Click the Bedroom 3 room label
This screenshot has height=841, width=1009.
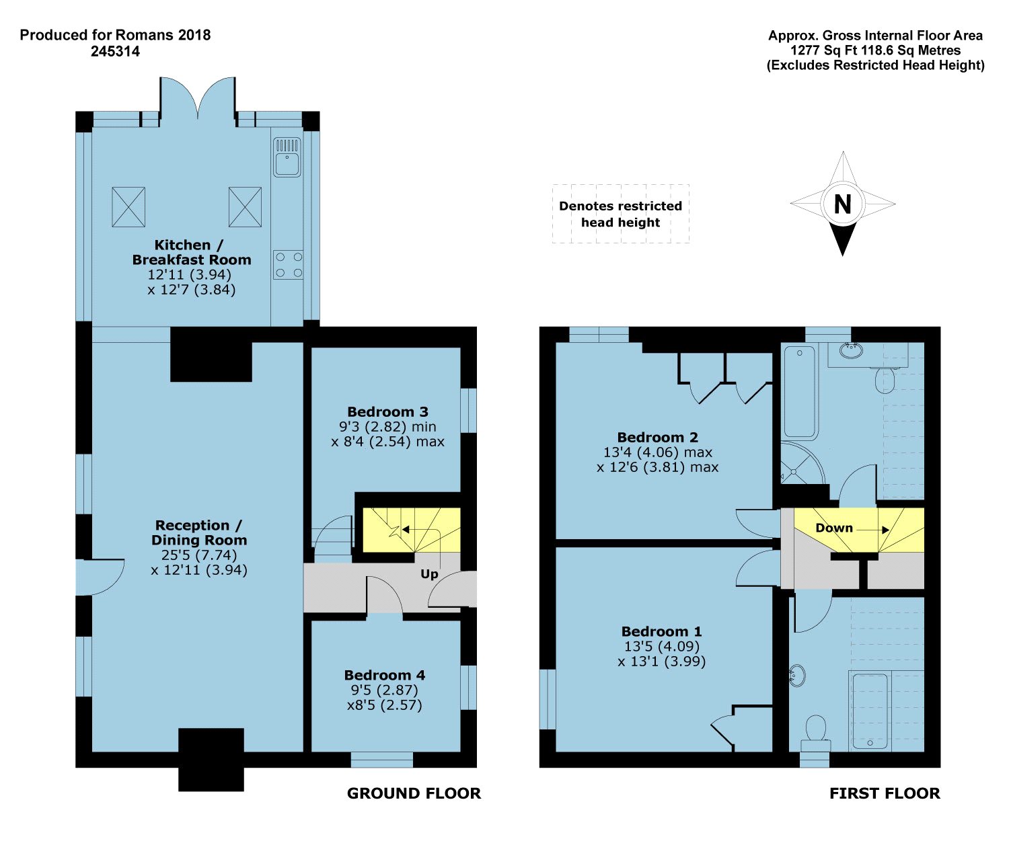pyautogui.click(x=387, y=411)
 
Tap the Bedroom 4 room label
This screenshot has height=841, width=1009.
pyautogui.click(x=384, y=675)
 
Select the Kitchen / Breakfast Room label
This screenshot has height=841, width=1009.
pyautogui.click(x=191, y=252)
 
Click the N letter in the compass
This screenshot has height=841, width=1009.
pyautogui.click(x=842, y=204)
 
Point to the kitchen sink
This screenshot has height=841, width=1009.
pyautogui.click(x=287, y=157)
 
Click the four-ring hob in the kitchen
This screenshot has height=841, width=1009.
pyautogui.click(x=288, y=265)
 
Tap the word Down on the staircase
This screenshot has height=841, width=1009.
pyautogui.click(x=834, y=528)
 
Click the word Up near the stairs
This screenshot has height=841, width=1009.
pyautogui.click(x=429, y=574)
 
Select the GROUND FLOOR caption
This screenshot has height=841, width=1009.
pyautogui.click(x=414, y=793)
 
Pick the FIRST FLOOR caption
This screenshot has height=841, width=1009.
pyautogui.click(x=885, y=793)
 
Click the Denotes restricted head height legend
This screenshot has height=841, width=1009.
pyautogui.click(x=620, y=214)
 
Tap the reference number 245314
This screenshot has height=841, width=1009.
pyautogui.click(x=115, y=51)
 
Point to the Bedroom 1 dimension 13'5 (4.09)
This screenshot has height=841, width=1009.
pyautogui.click(x=661, y=646)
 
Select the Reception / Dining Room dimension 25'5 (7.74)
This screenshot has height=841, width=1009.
pyautogui.click(x=199, y=555)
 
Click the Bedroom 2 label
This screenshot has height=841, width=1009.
pyautogui.click(x=658, y=437)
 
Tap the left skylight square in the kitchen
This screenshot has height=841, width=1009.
pyautogui.click(x=128, y=207)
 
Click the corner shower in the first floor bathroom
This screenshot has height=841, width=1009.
pyautogui.click(x=802, y=463)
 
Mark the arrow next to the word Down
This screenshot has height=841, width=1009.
pyautogui.click(x=873, y=530)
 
